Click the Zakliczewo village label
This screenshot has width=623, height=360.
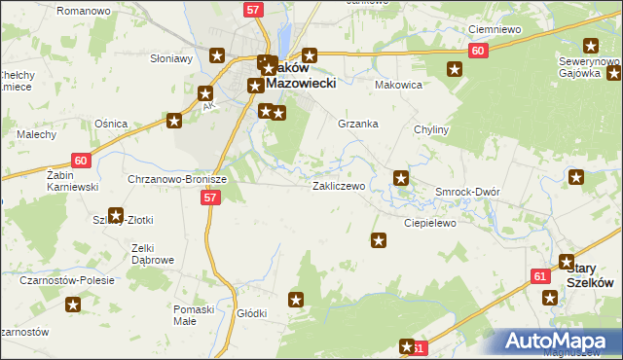pyautogui.click(x=338, y=185)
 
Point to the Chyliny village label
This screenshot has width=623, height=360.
pyautogui.click(x=429, y=129)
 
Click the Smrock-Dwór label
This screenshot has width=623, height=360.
pyautogui.click(x=467, y=192)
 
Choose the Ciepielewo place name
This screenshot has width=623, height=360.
pyautogui.click(x=430, y=222)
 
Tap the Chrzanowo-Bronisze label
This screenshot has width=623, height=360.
pyautogui.click(x=177, y=180)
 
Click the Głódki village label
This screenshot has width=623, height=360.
pyautogui.click(x=252, y=313)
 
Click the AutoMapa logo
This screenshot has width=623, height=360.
pyautogui.click(x=558, y=342)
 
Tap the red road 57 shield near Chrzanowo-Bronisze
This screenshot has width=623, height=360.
pyautogui.click(x=210, y=198)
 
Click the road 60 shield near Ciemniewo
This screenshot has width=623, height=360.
pyautogui.click(x=477, y=50)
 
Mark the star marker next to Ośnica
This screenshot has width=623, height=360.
pyautogui.click(x=173, y=122)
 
